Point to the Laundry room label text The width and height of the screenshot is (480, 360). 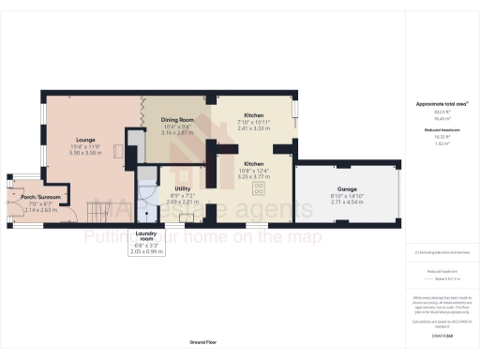tap(145, 234)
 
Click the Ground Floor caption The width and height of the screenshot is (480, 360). tap(203, 344)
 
